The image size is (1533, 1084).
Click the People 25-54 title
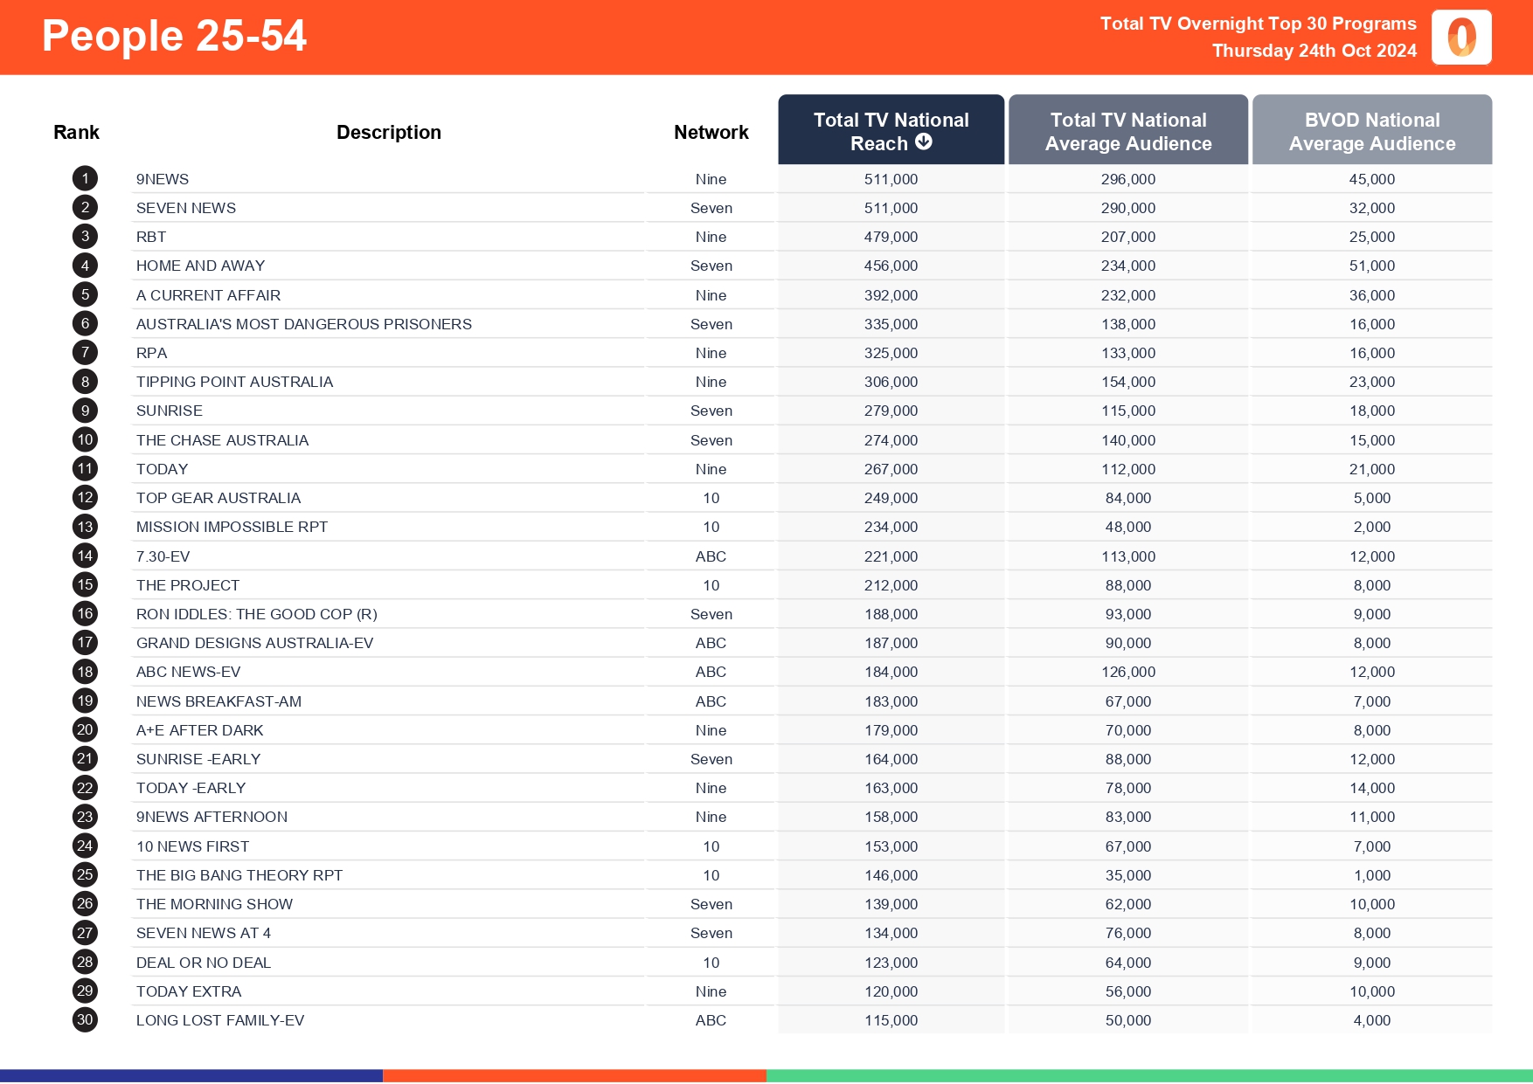174,37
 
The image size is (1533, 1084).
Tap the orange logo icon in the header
1460,38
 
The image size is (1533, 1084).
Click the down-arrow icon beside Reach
924,142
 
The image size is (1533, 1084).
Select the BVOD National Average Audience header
1371,131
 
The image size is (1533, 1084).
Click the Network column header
711,132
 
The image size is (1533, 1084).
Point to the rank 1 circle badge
85,178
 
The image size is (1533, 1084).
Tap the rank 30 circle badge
85,1019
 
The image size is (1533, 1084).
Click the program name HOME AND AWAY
200,266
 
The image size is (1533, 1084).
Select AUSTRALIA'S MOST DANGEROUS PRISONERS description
303,324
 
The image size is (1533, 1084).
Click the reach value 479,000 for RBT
891,237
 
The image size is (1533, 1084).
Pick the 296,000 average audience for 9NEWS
1127,179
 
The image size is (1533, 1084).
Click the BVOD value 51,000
1371,266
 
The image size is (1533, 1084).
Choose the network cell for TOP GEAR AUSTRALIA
711,498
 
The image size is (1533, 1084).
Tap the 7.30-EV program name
163,556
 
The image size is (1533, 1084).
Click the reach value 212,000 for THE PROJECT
891,585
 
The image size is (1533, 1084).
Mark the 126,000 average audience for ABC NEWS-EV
1127,672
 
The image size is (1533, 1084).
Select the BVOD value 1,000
1371,875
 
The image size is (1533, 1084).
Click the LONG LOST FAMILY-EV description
219,1020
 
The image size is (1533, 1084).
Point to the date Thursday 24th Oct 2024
1314,51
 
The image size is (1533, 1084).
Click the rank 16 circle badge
85,613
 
